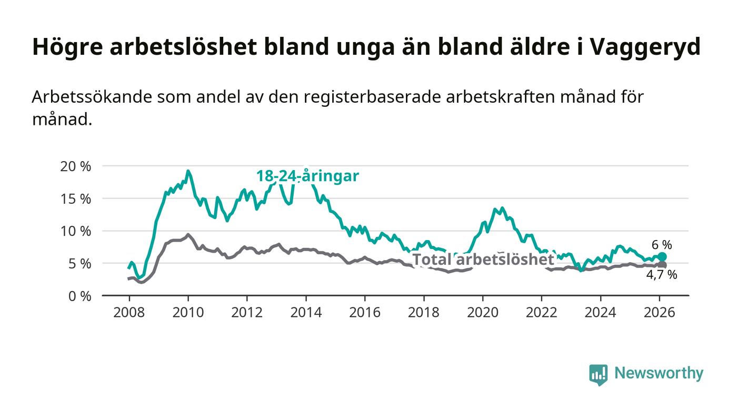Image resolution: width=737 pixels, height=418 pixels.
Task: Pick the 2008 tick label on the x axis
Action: pos(129,312)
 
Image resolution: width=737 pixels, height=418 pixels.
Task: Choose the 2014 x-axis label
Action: pos(306,312)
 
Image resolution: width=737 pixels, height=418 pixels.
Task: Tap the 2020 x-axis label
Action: pos(483,312)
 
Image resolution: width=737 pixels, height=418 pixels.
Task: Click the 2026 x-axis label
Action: pos(660,312)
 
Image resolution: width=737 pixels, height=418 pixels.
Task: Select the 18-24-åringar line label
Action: pos(307,176)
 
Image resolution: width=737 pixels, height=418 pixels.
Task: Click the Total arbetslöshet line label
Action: pos(483,259)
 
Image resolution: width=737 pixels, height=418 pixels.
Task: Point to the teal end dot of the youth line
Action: pos(662,257)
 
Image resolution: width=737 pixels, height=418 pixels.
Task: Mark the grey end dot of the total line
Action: pos(662,265)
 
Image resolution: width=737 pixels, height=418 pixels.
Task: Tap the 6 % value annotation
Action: pos(662,245)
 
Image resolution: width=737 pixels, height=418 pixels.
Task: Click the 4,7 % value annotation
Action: pos(662,275)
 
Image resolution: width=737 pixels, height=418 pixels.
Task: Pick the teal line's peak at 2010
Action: pos(188,171)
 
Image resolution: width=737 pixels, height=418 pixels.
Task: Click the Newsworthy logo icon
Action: pos(598,374)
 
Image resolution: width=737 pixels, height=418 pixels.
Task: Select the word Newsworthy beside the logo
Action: pos(659,373)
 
